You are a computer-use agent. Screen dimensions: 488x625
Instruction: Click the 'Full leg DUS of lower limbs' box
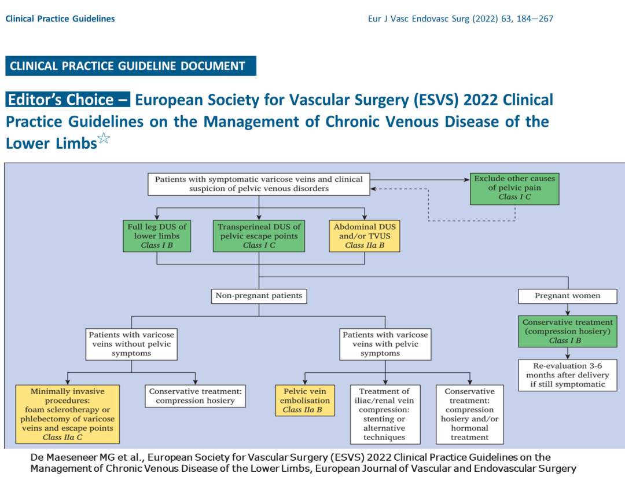(x=157, y=236)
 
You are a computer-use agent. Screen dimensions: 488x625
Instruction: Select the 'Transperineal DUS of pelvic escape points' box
(x=259, y=236)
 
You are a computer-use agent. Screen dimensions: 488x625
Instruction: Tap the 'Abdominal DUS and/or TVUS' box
(x=365, y=236)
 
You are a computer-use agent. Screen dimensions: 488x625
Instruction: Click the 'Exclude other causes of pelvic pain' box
(x=514, y=188)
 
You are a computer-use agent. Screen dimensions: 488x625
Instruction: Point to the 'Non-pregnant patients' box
(x=259, y=296)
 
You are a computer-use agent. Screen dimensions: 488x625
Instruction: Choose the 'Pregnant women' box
(x=567, y=296)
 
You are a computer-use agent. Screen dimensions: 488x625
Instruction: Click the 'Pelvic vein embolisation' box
(x=305, y=401)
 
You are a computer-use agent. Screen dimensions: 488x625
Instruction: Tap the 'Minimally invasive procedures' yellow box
(x=68, y=414)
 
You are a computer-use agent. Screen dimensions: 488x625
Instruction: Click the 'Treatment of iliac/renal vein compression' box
(x=384, y=414)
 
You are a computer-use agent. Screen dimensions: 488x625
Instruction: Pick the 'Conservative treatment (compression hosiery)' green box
(x=567, y=332)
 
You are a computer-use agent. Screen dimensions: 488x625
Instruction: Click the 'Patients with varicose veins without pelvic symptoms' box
(x=131, y=344)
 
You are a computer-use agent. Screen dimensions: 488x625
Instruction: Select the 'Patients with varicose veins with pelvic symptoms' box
(x=385, y=344)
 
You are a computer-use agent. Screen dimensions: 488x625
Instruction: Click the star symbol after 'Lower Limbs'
(x=104, y=138)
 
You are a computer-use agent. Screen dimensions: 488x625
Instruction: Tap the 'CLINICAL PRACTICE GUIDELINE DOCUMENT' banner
(x=130, y=66)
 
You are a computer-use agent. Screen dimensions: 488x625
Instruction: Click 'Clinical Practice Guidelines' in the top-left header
(x=60, y=19)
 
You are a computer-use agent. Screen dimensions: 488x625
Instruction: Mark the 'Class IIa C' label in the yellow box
(x=68, y=437)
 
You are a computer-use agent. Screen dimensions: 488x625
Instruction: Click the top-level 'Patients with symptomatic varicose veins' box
(x=259, y=184)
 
